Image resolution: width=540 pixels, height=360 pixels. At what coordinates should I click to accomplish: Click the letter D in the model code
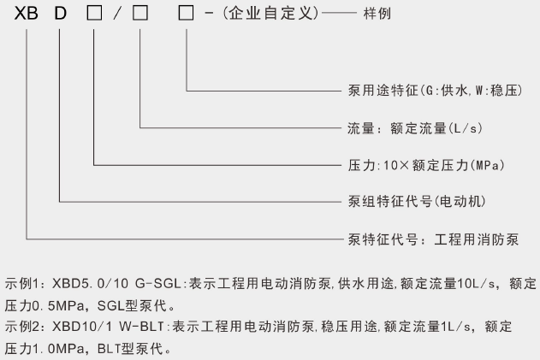60,16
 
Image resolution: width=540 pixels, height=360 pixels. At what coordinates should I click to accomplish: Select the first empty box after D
94,16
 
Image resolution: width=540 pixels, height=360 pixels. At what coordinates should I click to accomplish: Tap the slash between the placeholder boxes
117,16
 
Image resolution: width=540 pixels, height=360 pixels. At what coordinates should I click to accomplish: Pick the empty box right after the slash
139,16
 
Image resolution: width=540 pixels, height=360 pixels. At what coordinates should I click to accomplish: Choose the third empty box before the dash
185,16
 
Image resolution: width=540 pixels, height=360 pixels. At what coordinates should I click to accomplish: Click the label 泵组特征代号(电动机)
401,202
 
